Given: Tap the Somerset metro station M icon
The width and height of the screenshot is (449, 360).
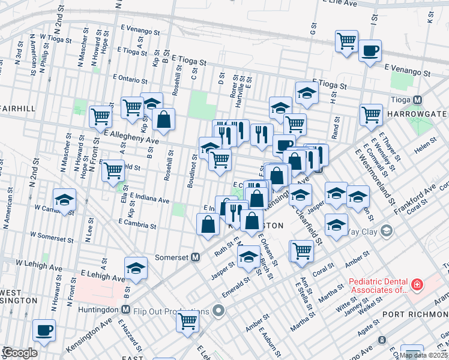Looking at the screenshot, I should click(195, 257).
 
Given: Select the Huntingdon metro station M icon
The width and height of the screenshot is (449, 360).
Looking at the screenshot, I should click(125, 310).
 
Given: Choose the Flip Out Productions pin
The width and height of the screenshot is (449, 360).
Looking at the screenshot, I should click(218, 311).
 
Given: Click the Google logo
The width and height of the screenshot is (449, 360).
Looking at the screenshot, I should click(20, 352).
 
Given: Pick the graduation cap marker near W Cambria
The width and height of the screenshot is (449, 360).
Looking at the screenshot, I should click(64, 200).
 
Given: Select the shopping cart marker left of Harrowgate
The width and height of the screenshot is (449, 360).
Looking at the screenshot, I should click(372, 114).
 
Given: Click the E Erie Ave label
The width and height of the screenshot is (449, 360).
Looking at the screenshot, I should click(339, 4).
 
